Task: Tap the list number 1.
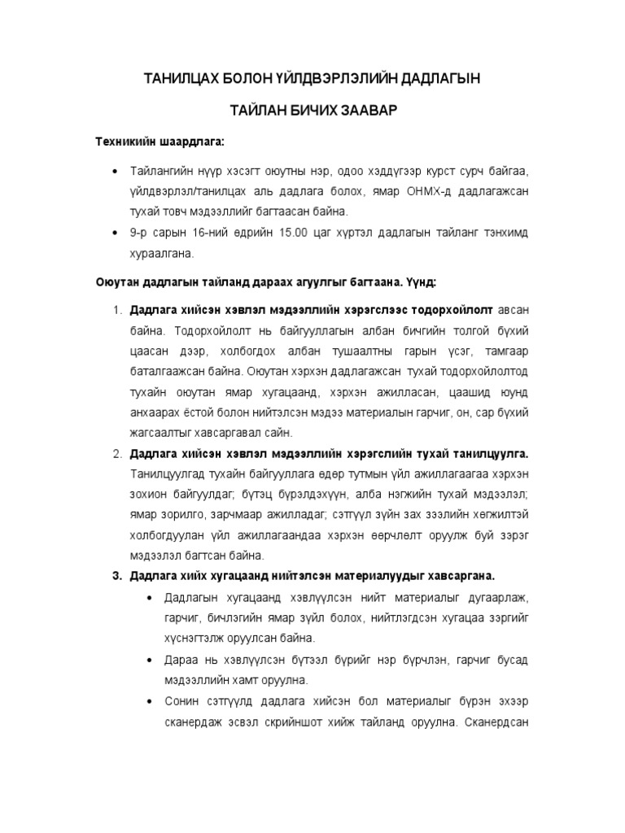[x=116, y=311]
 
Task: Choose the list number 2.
[x=116, y=452]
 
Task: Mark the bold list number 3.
[x=116, y=576]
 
